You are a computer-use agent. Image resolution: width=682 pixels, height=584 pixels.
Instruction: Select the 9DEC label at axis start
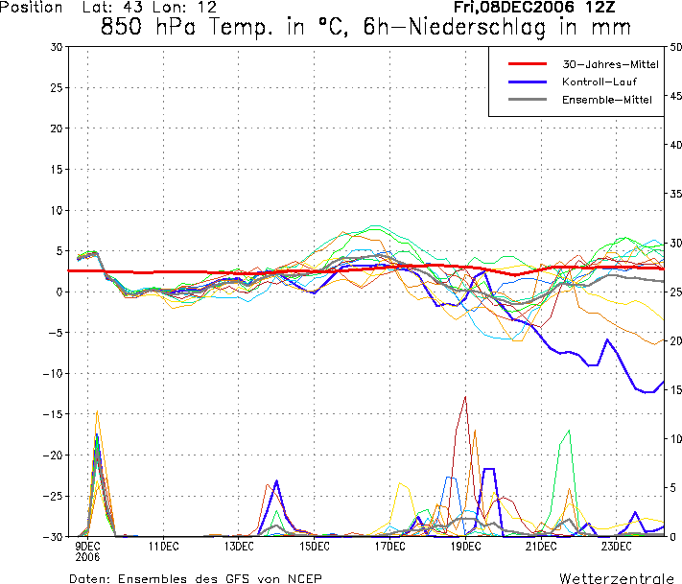click(x=87, y=546)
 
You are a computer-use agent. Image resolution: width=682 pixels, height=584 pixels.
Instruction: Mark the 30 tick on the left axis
click(x=56, y=47)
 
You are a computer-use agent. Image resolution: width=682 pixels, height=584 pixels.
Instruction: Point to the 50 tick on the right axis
click(x=676, y=47)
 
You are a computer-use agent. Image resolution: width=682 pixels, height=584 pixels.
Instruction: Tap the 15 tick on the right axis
click(x=676, y=390)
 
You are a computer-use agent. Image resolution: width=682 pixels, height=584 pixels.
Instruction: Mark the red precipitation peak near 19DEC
click(x=465, y=397)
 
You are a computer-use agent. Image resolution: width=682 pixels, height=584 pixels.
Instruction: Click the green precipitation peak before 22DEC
click(x=570, y=431)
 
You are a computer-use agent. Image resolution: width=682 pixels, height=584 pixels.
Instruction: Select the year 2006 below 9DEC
click(x=87, y=555)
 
